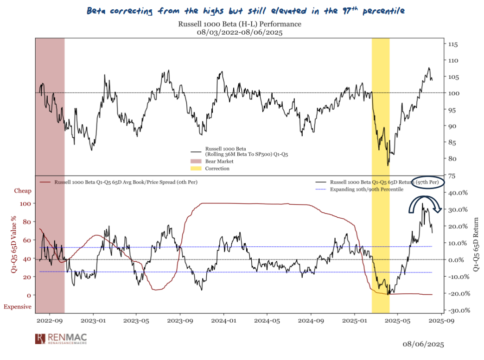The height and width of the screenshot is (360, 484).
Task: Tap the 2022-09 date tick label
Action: pos(49,320)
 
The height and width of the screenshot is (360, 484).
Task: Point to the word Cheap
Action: pos(23,190)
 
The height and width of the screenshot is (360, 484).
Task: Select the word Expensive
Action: pos(18,307)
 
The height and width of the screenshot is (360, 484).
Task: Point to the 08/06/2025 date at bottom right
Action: pos(423,344)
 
